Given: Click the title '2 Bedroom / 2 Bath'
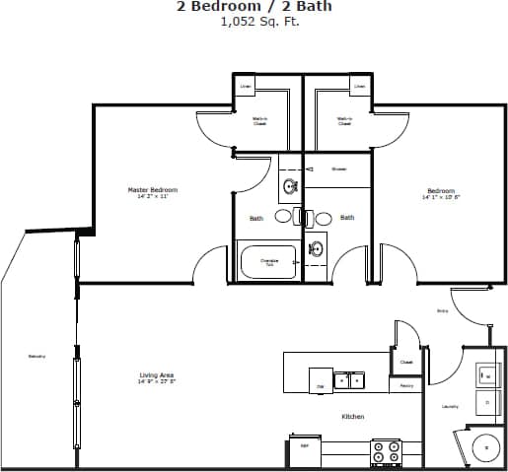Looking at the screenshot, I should click(254, 7).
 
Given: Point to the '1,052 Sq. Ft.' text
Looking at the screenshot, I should click(254, 21).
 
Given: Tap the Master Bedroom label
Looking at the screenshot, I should click(153, 190).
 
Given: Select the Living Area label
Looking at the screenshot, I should click(157, 375).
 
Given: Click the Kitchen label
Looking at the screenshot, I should click(352, 417).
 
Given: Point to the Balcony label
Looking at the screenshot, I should click(36, 356).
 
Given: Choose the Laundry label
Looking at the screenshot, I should click(449, 406).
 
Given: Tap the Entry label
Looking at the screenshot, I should click(443, 310).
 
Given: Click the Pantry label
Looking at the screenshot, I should click(405, 385).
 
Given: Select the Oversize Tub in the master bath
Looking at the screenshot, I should click(269, 263).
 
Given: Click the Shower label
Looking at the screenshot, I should click(338, 169).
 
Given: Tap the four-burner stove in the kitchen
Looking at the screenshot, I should click(385, 452).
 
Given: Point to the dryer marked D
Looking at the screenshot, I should click(486, 402).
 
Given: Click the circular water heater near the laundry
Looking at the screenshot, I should click(485, 448).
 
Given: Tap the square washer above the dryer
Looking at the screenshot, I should click(486, 374).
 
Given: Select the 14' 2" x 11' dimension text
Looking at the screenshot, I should click(153, 197).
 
